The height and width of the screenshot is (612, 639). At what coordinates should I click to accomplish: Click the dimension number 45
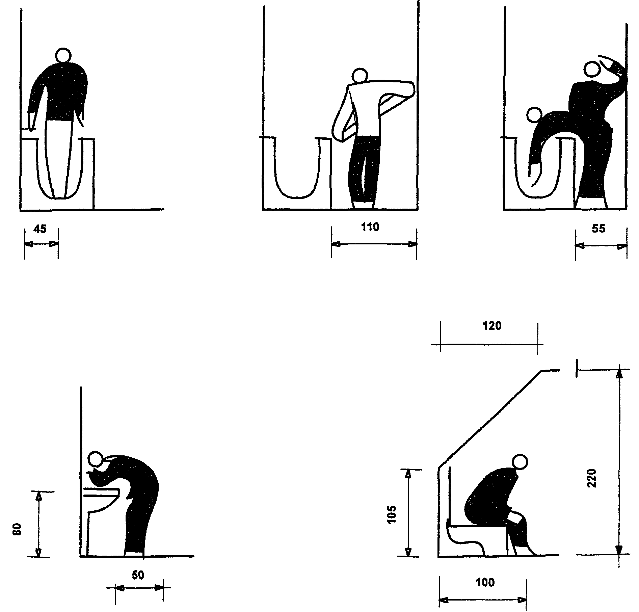tap(40, 229)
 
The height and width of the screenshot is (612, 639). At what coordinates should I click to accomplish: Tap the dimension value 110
tap(370, 227)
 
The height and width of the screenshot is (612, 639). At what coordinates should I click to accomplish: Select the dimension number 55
tap(598, 229)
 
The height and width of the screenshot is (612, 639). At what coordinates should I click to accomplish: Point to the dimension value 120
tap(492, 326)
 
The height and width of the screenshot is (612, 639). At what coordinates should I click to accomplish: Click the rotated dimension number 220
tap(592, 478)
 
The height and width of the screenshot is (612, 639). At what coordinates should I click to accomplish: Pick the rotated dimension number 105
tap(392, 514)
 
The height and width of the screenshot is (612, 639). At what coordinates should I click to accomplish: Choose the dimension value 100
tap(485, 582)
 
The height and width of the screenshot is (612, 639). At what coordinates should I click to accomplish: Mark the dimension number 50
tap(138, 575)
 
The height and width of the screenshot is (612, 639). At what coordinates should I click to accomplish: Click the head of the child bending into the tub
tap(534, 115)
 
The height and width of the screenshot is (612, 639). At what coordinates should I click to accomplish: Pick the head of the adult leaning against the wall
tap(592, 70)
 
